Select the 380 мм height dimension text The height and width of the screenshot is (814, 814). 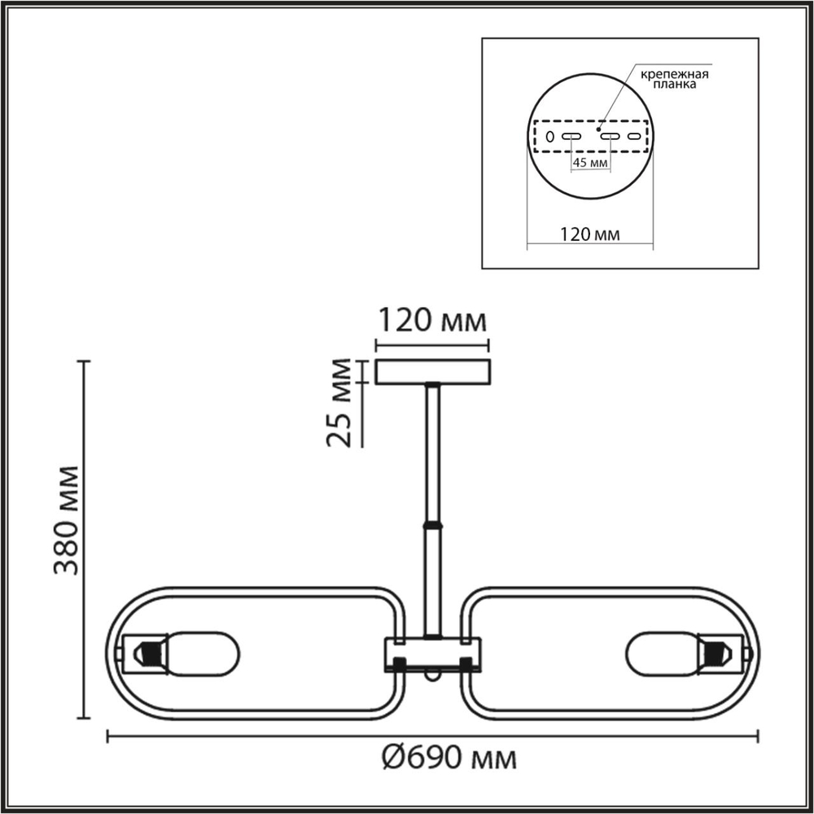(x=67, y=520)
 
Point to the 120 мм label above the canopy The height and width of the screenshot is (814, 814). (x=431, y=320)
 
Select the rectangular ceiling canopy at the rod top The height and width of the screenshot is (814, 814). (x=432, y=372)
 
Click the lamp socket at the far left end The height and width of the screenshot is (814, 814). (x=145, y=653)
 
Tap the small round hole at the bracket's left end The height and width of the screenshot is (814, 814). (x=549, y=136)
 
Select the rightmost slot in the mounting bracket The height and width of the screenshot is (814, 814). (x=634, y=136)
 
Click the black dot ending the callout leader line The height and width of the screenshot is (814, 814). (x=599, y=129)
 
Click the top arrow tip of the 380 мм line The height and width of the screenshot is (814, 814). (x=83, y=361)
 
